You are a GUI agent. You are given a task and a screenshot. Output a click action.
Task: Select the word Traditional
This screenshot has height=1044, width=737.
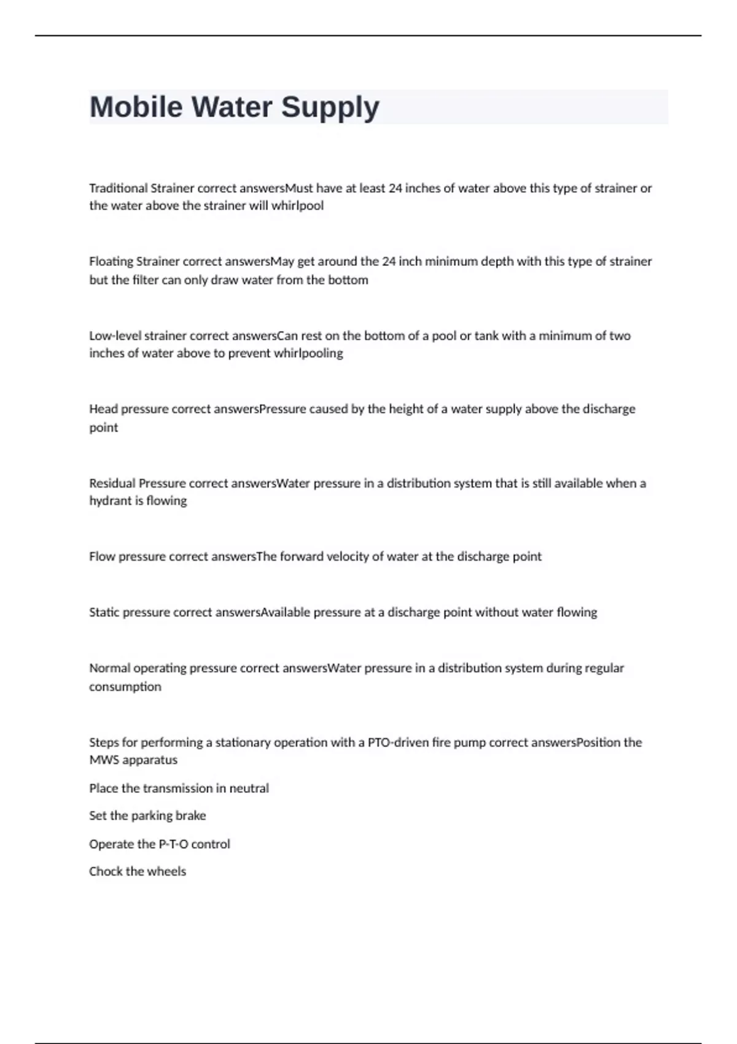tap(119, 188)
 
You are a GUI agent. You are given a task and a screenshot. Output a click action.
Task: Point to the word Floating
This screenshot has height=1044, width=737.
tap(111, 262)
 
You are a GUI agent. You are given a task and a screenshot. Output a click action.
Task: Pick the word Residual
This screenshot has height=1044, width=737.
tap(112, 483)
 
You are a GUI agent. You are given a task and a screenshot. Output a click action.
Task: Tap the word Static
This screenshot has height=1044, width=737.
tap(104, 612)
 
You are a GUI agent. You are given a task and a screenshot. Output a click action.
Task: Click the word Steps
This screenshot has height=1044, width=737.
tap(104, 742)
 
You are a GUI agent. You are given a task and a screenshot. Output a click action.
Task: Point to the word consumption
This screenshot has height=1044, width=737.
tap(125, 687)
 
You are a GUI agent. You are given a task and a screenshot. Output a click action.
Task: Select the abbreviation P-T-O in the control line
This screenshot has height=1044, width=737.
tap(174, 844)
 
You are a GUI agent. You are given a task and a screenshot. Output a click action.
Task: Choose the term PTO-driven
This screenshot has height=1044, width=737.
tap(397, 742)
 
